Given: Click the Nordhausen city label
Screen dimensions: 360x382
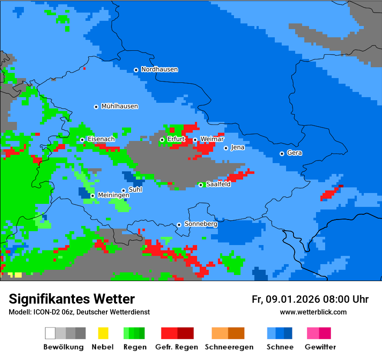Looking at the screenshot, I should point(159,69).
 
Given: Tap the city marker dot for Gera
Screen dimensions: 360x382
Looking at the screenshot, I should point(282,154).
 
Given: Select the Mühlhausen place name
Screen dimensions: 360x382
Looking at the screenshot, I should point(119,106).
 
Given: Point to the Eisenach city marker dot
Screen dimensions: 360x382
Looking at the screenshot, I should point(82,140).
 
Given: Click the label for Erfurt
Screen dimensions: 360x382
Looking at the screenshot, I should point(176,139).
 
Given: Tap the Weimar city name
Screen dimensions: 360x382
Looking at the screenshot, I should point(212,139).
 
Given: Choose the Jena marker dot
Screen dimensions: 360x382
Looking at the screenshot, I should point(226,148).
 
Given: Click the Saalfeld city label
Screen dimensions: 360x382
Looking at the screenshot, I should point(218,184).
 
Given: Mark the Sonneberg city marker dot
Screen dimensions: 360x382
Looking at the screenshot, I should point(179,225).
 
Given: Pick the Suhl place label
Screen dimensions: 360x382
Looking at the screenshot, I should point(135,190).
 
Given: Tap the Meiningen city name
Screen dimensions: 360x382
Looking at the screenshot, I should point(113,196).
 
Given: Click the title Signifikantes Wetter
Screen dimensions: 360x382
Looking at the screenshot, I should point(72,299).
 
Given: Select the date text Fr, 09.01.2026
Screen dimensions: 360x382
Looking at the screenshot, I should point(286,299).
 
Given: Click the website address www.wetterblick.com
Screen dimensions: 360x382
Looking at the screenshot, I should point(313,312).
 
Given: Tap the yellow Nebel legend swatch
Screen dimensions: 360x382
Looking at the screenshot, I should point(103,333).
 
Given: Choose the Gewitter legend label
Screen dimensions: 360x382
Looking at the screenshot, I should point(320,347).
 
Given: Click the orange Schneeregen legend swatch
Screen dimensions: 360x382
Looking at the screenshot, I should point(220,333).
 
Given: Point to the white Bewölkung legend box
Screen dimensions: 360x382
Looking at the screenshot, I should point(50,333).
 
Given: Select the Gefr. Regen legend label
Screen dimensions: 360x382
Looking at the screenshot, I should point(177,347).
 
